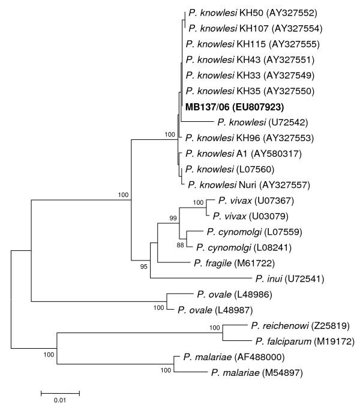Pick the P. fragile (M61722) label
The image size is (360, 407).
click(239, 263)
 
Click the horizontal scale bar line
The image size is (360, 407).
click(59, 393)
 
